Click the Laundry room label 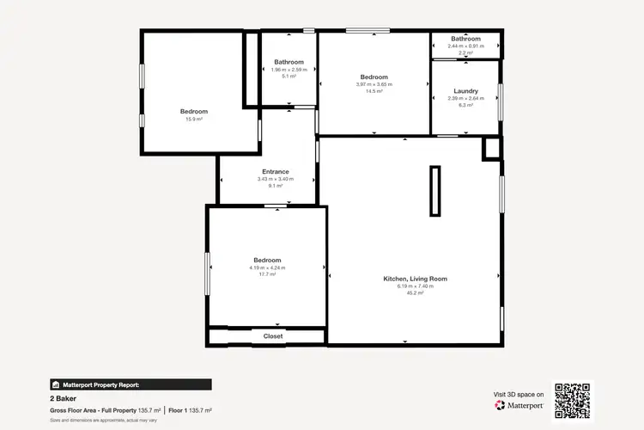point(465,91)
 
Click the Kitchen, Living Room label point(415,279)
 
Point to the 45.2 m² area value point(415,293)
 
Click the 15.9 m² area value point(193,120)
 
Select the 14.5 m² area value point(374,91)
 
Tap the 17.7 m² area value point(267,274)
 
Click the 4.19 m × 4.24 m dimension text point(267,267)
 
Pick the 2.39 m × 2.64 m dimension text point(465,98)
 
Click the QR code point(573,400)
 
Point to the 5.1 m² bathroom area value point(289,77)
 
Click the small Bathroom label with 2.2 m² point(465,39)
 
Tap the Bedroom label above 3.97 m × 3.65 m point(374,77)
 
